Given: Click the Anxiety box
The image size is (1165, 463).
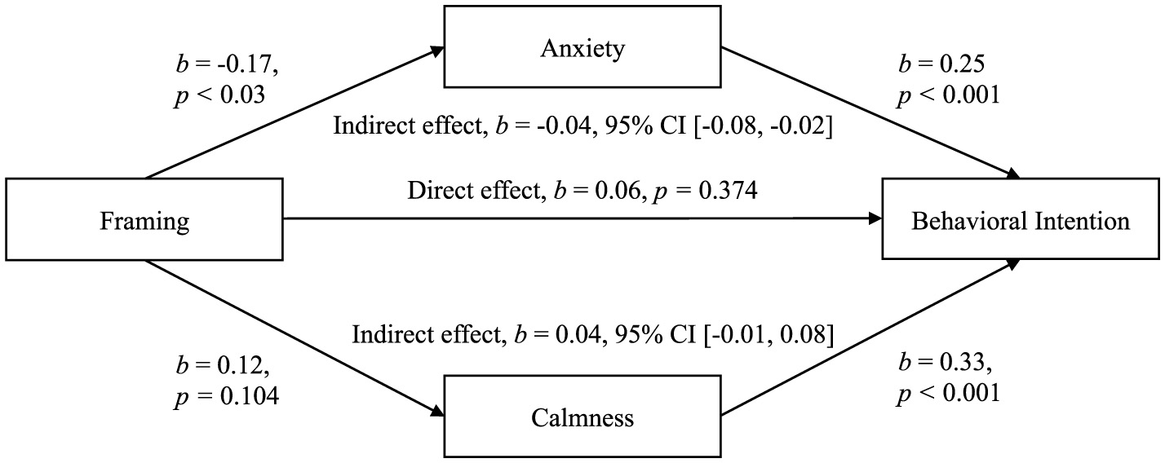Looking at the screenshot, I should tap(582, 47).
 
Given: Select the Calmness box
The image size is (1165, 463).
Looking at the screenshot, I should tap(582, 418).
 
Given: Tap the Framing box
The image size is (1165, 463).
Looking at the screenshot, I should tap(144, 220).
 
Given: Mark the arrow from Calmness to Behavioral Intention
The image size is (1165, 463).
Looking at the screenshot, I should tap(870, 336).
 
